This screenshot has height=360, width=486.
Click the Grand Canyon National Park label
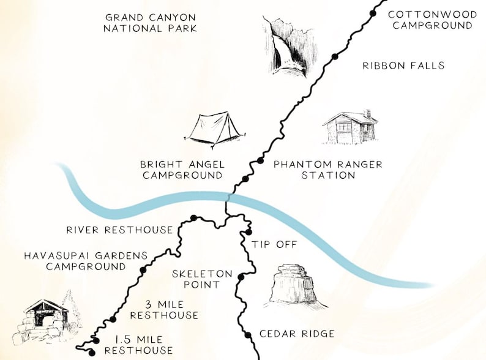tap(151, 23)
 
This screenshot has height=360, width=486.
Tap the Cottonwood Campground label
tap(430, 20)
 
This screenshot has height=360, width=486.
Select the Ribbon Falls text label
tap(403, 66)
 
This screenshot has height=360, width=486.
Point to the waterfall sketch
tap(284, 48)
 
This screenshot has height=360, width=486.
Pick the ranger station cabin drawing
tap(350, 127)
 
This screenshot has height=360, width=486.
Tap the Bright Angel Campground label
tap(181, 170)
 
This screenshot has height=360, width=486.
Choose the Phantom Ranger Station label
tap(327, 170)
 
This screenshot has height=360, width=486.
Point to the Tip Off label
tap(274, 244)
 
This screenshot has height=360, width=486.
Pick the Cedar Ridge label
tap(297, 334)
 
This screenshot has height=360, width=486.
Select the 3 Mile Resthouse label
tap(163, 310)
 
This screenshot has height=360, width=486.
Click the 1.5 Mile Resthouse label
tap(144, 344)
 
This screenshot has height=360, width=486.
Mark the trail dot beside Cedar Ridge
tap(248, 334)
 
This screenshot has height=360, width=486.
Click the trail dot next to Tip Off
tap(249, 232)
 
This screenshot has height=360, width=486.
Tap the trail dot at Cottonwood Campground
tap(375, 12)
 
